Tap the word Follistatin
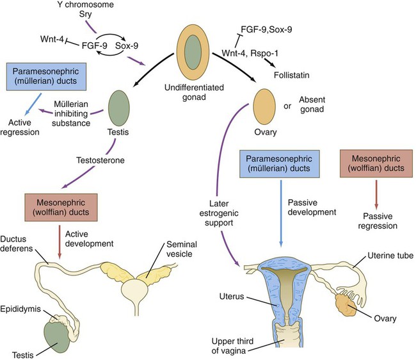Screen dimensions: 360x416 coord(301,74)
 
